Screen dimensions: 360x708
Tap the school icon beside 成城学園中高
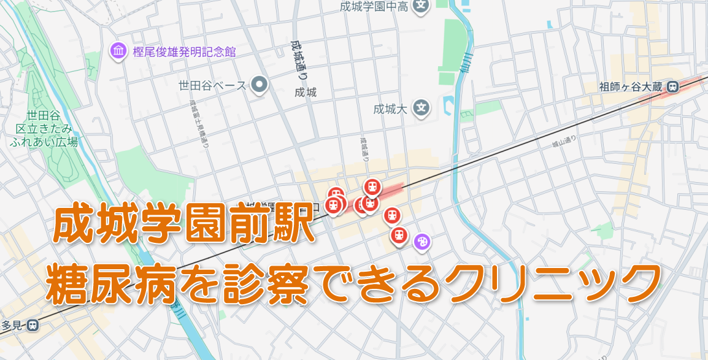click(x=420, y=6)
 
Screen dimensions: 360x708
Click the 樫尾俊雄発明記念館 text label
click(x=184, y=52)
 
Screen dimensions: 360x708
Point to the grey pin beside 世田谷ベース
click(x=260, y=85)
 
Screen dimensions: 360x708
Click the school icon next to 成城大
click(x=421, y=109)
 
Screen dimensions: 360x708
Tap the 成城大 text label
click(x=391, y=110)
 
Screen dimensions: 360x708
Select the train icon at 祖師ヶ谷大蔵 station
click(x=673, y=87)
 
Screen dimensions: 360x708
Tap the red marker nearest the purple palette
click(x=399, y=235)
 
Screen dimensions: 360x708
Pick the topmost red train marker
click(x=372, y=186)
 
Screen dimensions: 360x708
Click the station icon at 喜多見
click(x=33, y=325)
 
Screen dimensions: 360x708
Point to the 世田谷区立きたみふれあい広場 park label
click(x=44, y=128)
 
